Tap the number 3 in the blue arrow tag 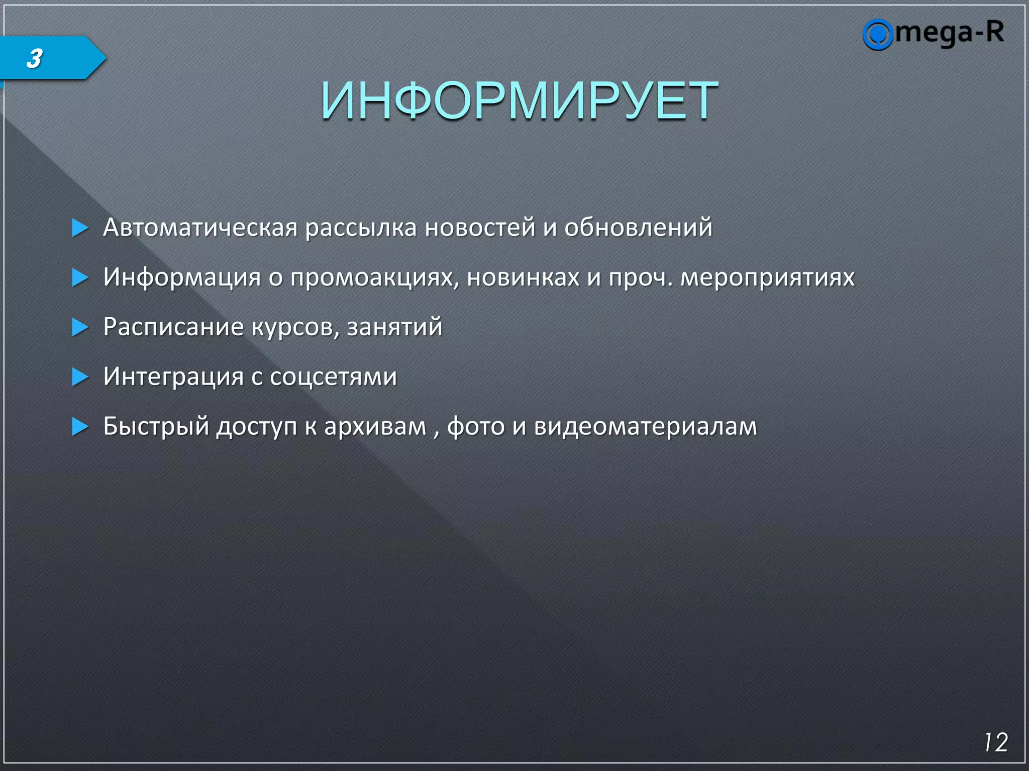point(34,59)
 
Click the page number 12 point(995,742)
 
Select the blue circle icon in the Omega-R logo point(877,35)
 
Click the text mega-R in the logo point(950,33)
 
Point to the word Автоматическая point(200,227)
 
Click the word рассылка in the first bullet point(361,227)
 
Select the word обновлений point(638,227)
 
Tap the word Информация point(182,277)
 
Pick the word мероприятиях point(767,277)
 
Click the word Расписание point(173,327)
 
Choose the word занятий point(394,327)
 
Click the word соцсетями point(333,376)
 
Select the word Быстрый point(156,426)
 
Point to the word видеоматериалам point(645,426)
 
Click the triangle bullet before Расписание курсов point(79,327)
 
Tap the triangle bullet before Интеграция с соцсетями point(79,377)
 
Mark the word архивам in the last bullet point(375,426)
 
